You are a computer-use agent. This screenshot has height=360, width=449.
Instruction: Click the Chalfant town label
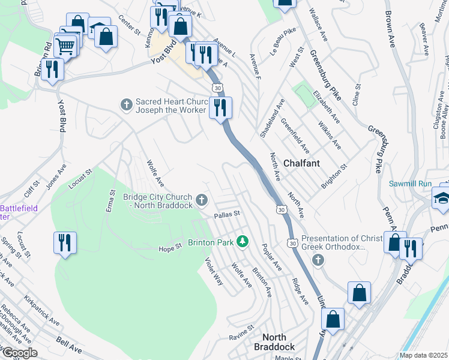tap(301, 163)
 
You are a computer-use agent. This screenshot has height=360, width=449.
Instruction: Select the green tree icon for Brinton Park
tap(243, 241)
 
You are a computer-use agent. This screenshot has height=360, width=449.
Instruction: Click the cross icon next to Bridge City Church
tap(202, 199)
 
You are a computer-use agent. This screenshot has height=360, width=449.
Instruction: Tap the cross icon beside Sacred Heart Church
tap(126, 105)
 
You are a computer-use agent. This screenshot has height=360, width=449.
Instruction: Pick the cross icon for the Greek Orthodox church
tap(318, 259)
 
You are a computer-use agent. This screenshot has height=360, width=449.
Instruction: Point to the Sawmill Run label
tap(411, 184)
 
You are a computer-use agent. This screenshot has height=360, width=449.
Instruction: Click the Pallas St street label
tap(228, 214)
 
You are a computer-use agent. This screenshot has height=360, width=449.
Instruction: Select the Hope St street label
tap(170, 248)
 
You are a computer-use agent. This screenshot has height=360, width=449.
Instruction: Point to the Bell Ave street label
tap(69, 344)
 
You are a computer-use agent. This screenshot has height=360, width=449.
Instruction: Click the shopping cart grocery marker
tap(65, 44)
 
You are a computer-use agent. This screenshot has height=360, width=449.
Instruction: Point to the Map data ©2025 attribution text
tap(423, 355)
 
